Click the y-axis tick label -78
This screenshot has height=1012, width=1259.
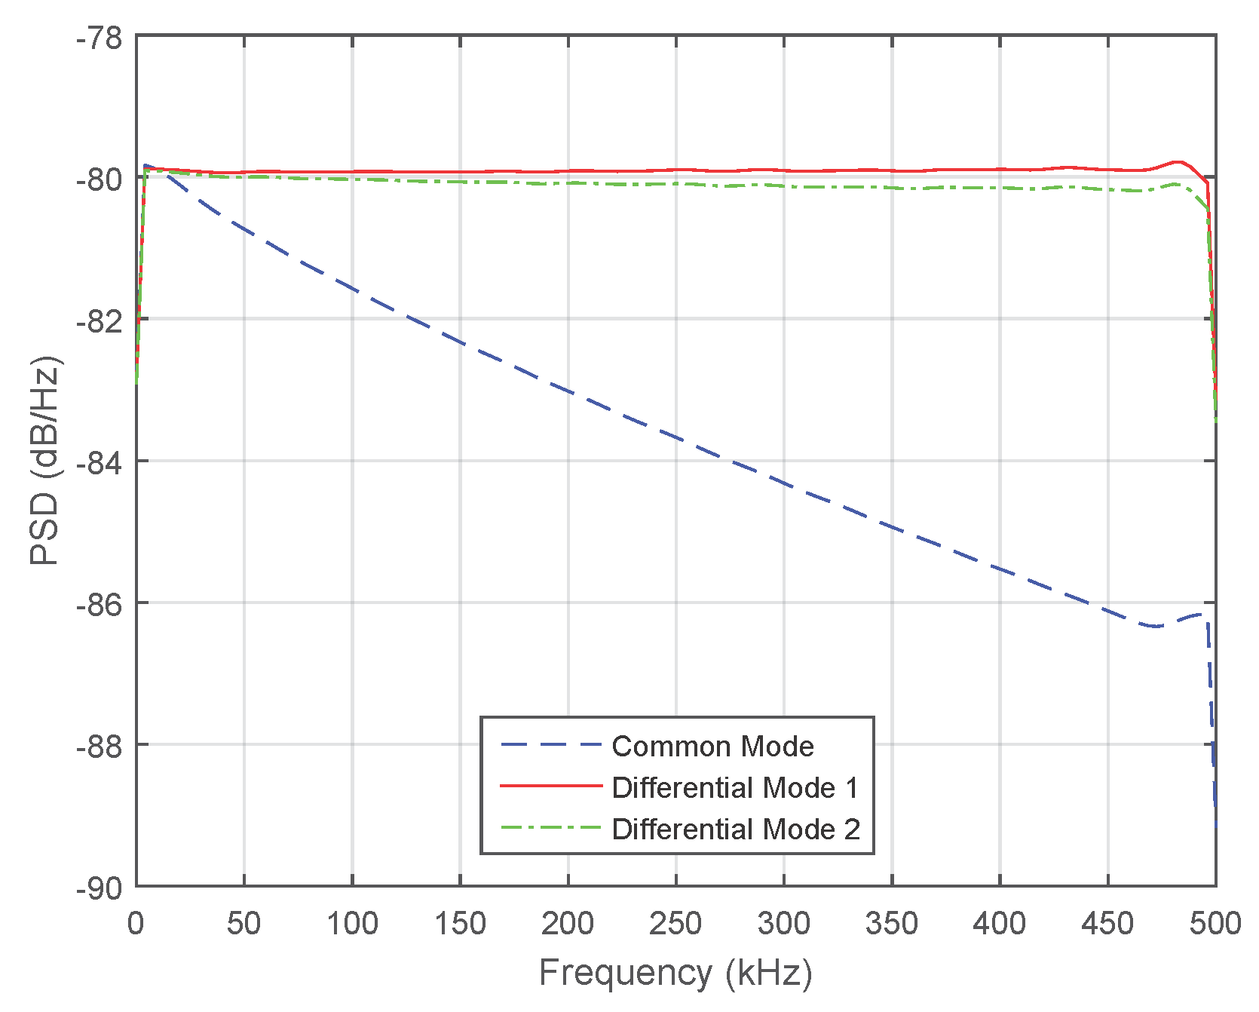[x=100, y=38]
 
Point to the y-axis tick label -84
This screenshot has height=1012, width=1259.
[x=100, y=462]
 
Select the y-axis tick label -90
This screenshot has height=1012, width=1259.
[x=100, y=888]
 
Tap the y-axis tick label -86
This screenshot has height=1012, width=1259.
[x=100, y=604]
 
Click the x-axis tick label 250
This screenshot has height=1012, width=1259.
[x=675, y=923]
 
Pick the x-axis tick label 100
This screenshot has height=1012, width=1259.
[x=352, y=923]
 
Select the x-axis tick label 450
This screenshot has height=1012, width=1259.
[x=1107, y=923]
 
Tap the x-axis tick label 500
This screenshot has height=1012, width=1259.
[x=1215, y=923]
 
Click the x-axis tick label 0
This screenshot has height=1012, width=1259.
[x=136, y=923]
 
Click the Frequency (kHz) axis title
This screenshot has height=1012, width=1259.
[x=675, y=973]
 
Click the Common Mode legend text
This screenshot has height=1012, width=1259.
[x=712, y=746]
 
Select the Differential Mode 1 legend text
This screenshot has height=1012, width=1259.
[x=735, y=787]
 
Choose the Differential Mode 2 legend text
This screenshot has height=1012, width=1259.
[x=735, y=829]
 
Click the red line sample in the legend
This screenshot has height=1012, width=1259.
[x=551, y=787]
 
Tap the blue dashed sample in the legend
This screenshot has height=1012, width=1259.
[x=551, y=746]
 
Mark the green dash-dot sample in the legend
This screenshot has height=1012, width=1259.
[x=551, y=828]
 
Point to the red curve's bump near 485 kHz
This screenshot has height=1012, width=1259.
[x=1178, y=161]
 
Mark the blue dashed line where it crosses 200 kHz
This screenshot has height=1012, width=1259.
[x=568, y=391]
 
